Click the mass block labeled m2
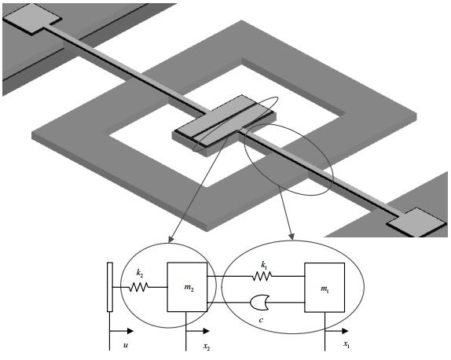coord(187,287)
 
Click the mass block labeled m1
coord(324,287)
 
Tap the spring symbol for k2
coord(138,287)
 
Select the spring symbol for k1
coord(262,277)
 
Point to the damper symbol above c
coord(259,303)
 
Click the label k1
coord(263,265)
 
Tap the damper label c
coord(261,320)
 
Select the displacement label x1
coord(346,344)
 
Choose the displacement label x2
coord(207,346)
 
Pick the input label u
coord(126,344)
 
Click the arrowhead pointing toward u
coord(130,331)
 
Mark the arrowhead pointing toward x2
coord(206,331)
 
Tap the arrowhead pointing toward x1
coord(345,331)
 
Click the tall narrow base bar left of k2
coord(109,287)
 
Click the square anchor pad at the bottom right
coord(416,222)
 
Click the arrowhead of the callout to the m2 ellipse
coord(170,240)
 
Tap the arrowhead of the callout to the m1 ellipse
coord(291,237)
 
